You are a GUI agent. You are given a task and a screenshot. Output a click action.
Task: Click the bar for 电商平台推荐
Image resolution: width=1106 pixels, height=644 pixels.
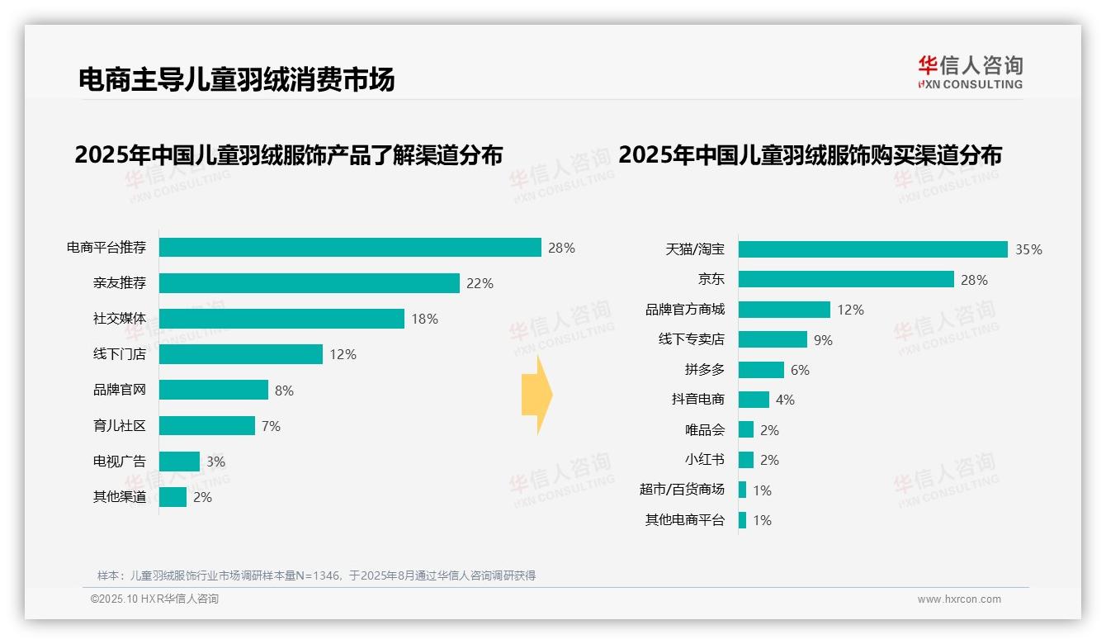(x=350, y=248)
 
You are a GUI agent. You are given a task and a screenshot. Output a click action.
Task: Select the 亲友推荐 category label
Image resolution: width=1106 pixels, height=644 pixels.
(x=119, y=283)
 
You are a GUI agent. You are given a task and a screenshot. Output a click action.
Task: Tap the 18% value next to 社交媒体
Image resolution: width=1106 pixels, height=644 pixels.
(x=424, y=319)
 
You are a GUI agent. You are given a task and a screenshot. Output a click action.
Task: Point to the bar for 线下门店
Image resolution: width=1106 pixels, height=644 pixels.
(x=241, y=354)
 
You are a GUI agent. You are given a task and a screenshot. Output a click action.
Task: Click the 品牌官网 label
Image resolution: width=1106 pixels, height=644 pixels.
(x=119, y=390)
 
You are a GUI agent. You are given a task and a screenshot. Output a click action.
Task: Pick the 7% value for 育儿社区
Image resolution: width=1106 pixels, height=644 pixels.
(x=271, y=426)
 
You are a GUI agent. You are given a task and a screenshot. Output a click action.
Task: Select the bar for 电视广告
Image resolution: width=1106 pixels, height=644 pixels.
(x=179, y=462)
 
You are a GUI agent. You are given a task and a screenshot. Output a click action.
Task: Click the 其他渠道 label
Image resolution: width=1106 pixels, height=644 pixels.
(x=119, y=497)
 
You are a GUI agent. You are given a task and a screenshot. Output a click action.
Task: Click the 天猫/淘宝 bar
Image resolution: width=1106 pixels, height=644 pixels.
(x=872, y=249)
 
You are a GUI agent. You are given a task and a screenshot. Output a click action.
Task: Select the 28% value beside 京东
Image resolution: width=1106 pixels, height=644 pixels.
(x=974, y=280)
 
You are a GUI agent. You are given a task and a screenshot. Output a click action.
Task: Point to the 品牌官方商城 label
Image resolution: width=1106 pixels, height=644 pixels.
(x=684, y=310)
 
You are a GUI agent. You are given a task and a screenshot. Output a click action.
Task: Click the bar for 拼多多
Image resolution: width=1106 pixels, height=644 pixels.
(x=761, y=370)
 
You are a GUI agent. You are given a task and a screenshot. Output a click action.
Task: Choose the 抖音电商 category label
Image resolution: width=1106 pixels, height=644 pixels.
(x=697, y=400)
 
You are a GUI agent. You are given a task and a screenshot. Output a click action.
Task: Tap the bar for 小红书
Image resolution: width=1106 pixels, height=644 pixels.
(x=746, y=460)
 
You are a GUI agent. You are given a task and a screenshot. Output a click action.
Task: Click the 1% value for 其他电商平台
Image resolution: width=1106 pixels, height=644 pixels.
(x=762, y=520)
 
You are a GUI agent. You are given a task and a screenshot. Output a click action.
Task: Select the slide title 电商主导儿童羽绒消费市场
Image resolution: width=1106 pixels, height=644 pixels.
(x=237, y=79)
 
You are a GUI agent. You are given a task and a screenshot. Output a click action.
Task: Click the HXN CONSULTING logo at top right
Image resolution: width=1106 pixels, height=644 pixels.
(x=970, y=73)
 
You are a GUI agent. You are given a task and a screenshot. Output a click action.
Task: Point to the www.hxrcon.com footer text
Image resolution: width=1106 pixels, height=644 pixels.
(x=958, y=599)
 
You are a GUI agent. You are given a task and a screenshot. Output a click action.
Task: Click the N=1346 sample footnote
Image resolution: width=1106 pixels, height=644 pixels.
(x=316, y=575)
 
